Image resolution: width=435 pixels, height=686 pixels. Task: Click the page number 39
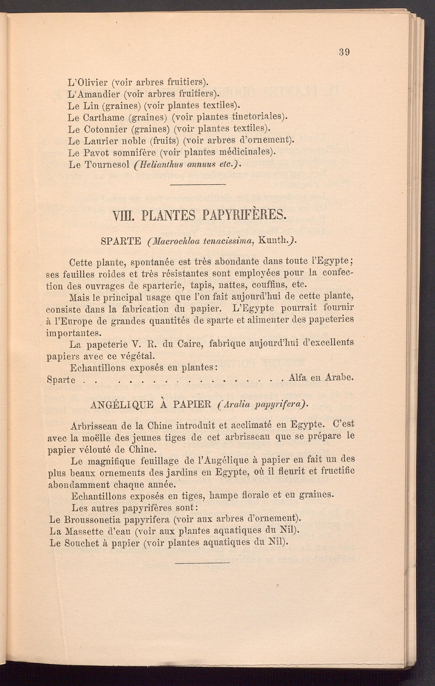pyautogui.click(x=344, y=52)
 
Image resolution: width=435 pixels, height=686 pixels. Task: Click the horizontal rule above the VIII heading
pyautogui.click(x=198, y=185)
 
